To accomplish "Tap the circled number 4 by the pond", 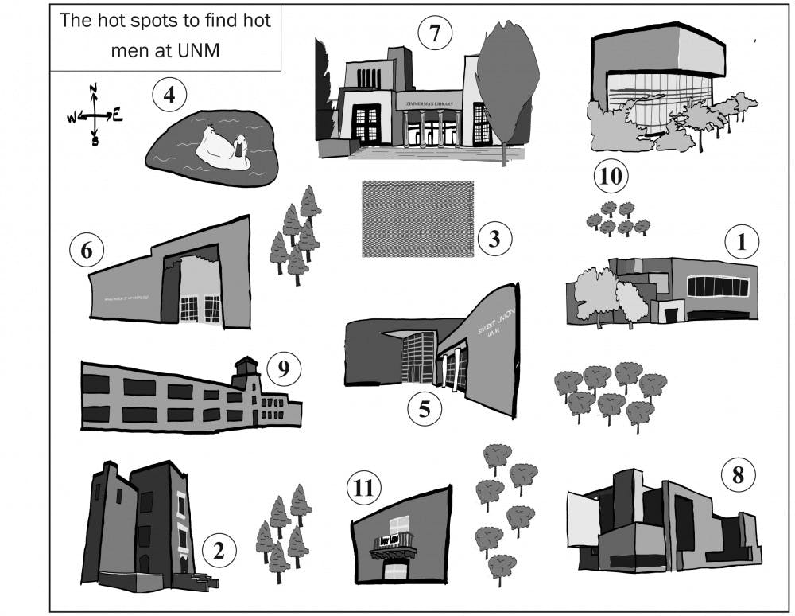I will tap(169, 97).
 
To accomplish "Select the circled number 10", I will tap(613, 174).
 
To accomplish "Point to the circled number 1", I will tap(742, 242).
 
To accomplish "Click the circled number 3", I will tap(494, 239).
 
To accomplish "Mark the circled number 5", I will tap(425, 408).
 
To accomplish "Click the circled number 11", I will tap(364, 487).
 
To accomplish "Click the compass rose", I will tap(94, 116).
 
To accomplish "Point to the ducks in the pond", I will tap(225, 149).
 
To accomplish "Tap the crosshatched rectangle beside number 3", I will tap(417, 219).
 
